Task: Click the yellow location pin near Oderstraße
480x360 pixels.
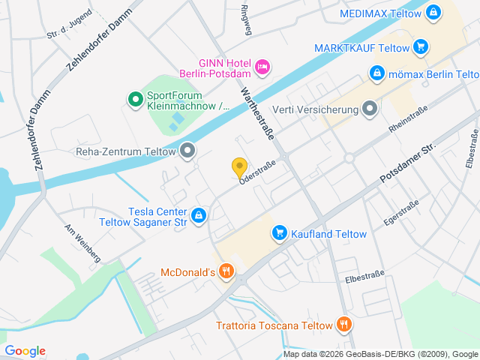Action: (x=239, y=167)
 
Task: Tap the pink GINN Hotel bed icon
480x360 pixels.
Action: (x=262, y=67)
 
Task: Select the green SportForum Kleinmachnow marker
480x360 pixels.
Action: (x=135, y=98)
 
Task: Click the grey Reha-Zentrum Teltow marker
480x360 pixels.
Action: (x=187, y=151)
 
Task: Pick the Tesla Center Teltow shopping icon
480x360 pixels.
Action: (x=198, y=216)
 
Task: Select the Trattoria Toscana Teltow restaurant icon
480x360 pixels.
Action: (x=343, y=325)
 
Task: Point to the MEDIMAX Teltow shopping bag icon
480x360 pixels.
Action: (x=433, y=13)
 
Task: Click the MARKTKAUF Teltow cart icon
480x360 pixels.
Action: (x=420, y=47)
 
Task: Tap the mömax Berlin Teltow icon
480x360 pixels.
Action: (x=376, y=73)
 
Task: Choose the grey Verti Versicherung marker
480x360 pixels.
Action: (x=369, y=110)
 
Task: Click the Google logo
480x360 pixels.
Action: (x=25, y=350)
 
